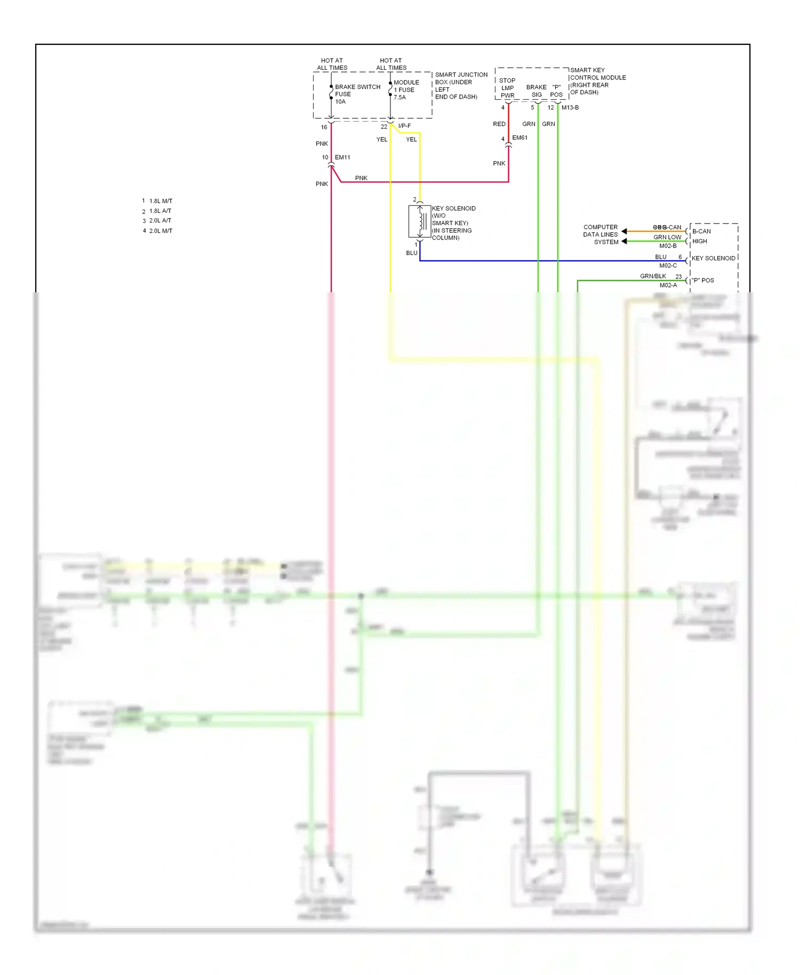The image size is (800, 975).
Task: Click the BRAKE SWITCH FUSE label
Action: (x=357, y=94)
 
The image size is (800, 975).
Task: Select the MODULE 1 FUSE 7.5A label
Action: (x=406, y=90)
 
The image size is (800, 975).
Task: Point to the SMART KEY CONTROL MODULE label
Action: (x=597, y=81)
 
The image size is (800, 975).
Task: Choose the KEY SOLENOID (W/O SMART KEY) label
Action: (x=453, y=223)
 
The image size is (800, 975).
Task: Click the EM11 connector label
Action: (x=342, y=157)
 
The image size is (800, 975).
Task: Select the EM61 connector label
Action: (x=519, y=138)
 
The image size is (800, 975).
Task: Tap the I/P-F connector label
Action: (x=404, y=126)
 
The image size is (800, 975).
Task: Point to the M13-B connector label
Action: (x=570, y=108)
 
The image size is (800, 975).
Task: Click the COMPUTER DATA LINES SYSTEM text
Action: (x=601, y=235)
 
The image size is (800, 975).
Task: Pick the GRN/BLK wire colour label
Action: (x=653, y=276)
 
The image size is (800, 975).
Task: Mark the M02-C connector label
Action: (x=668, y=266)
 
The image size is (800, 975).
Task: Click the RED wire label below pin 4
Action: (x=499, y=124)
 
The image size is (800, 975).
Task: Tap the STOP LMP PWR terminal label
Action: (x=507, y=88)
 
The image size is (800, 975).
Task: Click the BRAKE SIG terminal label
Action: (x=537, y=91)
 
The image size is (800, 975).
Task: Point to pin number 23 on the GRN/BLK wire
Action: (x=678, y=277)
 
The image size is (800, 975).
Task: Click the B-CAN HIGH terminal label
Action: (x=701, y=236)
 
